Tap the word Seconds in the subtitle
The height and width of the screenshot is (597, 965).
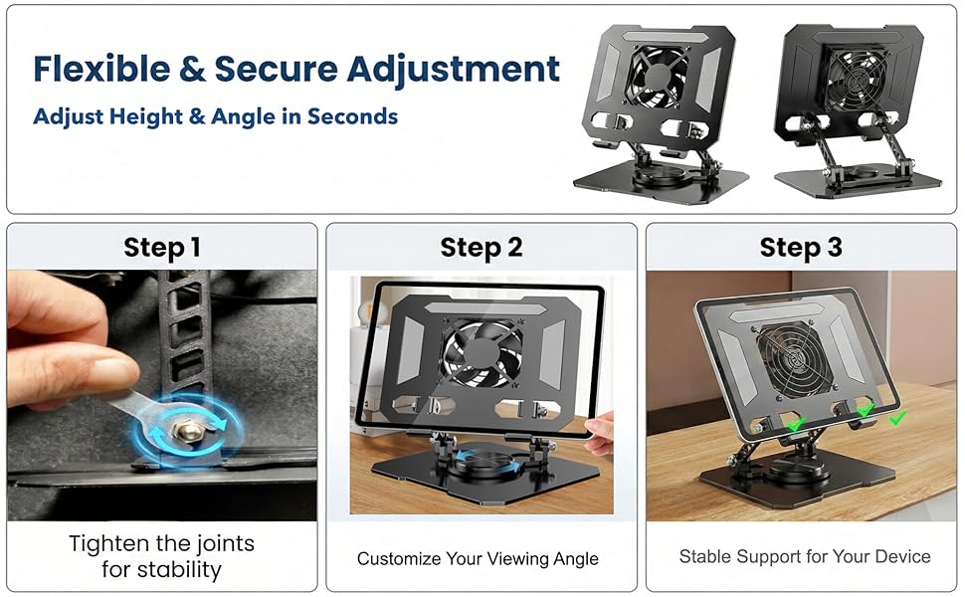point(352,116)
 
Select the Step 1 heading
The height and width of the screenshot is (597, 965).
point(161,248)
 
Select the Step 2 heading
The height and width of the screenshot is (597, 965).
point(482,248)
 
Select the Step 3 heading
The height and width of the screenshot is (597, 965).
point(801,248)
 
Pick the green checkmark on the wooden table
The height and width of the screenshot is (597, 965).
point(897,419)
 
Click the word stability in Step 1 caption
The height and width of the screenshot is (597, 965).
point(161,571)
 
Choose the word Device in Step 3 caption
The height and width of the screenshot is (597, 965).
point(901,556)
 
